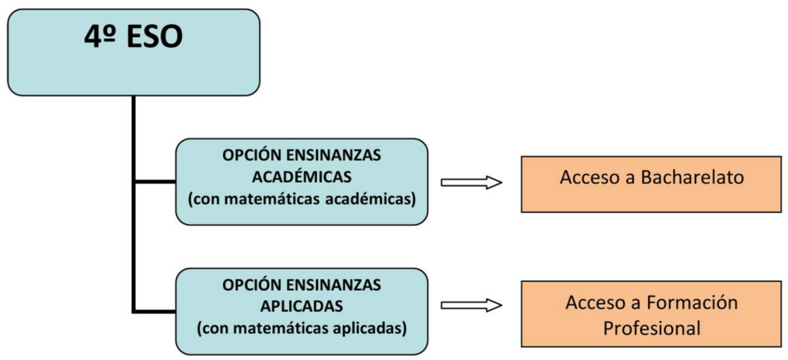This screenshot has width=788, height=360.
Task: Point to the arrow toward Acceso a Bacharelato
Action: tap(471, 183)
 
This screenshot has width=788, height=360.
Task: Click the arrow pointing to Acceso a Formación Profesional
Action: tap(471, 305)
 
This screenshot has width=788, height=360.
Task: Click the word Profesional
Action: tap(651, 329)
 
